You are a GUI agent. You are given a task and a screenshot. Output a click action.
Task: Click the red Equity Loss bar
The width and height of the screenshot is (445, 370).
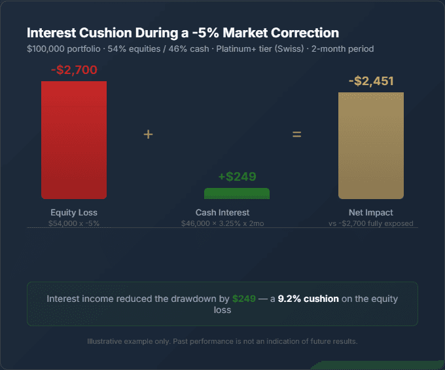click(74, 139)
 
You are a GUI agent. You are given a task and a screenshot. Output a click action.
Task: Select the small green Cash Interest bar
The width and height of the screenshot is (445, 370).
click(237, 193)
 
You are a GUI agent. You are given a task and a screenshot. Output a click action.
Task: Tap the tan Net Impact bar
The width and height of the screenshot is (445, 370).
click(371, 145)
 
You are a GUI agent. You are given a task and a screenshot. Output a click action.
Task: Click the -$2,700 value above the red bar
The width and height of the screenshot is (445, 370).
click(74, 69)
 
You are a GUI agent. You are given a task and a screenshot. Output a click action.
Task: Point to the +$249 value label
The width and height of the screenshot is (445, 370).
click(237, 176)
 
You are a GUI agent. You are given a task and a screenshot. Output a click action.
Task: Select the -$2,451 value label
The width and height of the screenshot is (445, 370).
click(371, 81)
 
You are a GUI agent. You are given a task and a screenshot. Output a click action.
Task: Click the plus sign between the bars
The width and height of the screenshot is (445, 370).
click(149, 134)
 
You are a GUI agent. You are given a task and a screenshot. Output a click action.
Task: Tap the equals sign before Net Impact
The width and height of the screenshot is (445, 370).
click(296, 134)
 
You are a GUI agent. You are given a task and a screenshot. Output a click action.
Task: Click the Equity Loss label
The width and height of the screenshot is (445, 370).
click(74, 213)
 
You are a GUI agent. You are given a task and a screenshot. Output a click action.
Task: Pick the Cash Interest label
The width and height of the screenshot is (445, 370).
click(222, 213)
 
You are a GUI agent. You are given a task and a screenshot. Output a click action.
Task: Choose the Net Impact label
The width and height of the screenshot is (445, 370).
click(371, 213)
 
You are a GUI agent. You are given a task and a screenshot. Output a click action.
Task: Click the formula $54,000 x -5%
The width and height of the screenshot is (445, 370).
click(74, 223)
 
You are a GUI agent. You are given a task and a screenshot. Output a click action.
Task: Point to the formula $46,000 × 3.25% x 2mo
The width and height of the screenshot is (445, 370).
click(222, 223)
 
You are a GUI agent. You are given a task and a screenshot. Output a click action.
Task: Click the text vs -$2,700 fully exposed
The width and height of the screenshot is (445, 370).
click(371, 223)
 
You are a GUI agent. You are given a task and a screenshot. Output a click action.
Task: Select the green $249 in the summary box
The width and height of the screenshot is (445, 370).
click(243, 299)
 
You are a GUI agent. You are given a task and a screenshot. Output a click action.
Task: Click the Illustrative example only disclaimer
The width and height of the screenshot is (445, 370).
click(222, 341)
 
